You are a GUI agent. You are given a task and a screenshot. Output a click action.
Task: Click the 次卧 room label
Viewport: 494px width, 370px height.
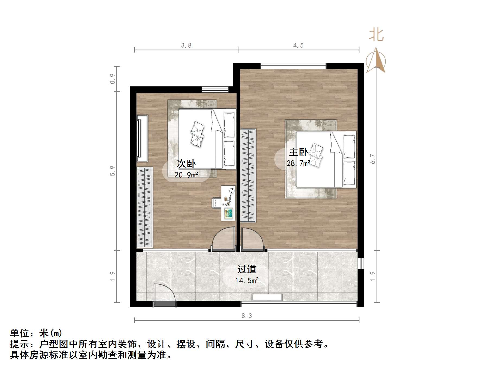point(186,163)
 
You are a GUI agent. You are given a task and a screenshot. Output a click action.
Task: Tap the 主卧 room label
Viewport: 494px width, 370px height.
point(298,152)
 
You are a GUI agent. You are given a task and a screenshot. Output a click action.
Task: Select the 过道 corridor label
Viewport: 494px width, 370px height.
point(247,269)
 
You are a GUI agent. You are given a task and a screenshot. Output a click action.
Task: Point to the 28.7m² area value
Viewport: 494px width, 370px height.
point(298,163)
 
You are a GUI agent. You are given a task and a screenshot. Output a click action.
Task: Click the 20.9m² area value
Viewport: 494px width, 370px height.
point(186,175)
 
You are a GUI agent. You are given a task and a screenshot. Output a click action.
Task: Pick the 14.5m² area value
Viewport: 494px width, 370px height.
point(247,281)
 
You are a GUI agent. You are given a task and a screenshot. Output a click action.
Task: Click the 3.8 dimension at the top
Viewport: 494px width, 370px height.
point(186,46)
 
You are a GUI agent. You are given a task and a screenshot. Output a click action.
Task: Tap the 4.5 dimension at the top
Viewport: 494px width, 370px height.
point(298,46)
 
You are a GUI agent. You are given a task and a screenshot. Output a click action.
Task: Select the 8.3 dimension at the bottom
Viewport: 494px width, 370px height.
point(247,316)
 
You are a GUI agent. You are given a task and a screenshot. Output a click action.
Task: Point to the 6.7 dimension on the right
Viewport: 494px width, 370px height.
point(373,159)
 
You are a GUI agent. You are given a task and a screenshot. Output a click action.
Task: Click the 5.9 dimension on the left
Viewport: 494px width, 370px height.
point(112,171)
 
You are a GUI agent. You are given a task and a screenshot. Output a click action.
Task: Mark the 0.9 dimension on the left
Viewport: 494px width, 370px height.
point(112,79)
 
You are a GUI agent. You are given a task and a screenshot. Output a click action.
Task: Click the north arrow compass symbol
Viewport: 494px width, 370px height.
point(376,60)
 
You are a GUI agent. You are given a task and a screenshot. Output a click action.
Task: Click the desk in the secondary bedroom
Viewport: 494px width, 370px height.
point(228,203)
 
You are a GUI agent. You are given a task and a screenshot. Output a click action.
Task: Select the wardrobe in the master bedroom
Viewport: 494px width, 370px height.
point(248,176)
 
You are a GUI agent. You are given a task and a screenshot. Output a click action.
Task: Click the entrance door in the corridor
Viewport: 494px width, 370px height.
point(165,295)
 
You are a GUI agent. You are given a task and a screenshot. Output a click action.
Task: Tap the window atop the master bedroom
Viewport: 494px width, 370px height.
point(293,66)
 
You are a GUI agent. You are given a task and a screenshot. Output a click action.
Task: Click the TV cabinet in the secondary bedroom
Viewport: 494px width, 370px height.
point(142,138)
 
